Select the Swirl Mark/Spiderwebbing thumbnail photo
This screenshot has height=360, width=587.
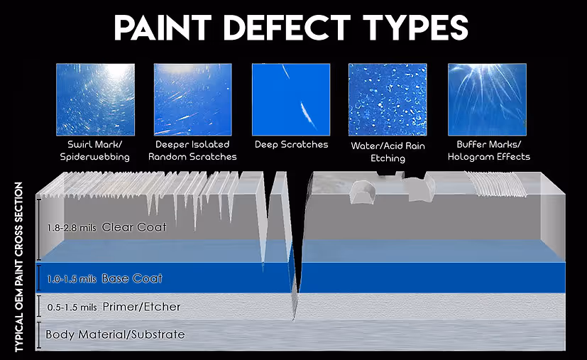tap(95, 99)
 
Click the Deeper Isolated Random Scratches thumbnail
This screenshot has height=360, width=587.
tap(192, 99)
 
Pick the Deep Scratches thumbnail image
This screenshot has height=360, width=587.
tap(291, 99)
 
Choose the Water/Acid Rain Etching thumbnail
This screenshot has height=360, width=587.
tap(388, 99)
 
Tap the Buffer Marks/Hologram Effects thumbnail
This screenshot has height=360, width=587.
tap(487, 99)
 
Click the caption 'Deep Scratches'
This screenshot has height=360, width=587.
tap(291, 144)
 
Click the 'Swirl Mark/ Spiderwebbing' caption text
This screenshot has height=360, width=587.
tap(95, 151)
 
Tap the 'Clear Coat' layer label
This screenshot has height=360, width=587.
tap(134, 227)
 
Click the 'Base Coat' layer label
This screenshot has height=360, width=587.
tap(132, 278)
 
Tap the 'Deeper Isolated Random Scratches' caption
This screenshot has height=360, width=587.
tap(192, 151)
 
